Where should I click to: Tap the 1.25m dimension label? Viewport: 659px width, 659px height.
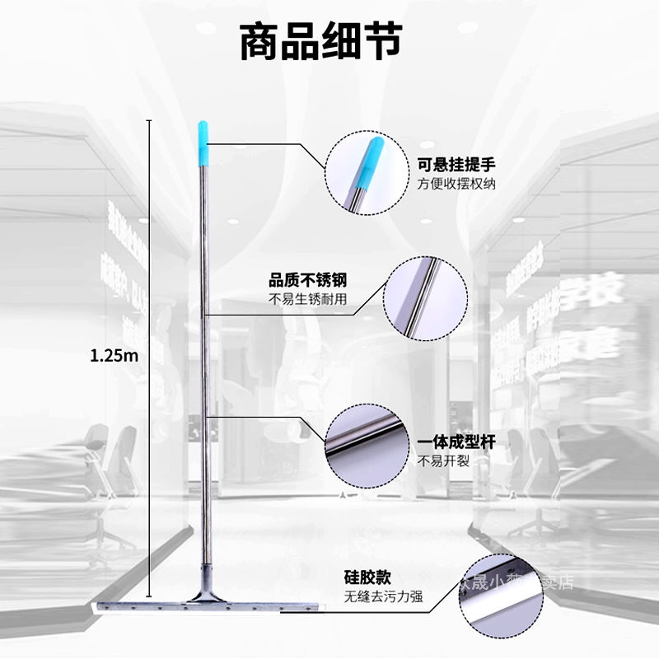(x=115, y=356)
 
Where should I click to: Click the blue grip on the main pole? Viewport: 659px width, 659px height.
(x=203, y=143)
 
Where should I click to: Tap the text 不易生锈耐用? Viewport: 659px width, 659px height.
(x=307, y=300)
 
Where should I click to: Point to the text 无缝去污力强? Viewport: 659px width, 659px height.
(x=384, y=596)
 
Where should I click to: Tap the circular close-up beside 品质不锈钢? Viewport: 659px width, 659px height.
(x=426, y=297)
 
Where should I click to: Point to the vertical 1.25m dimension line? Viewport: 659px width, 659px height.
(x=149, y=247)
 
